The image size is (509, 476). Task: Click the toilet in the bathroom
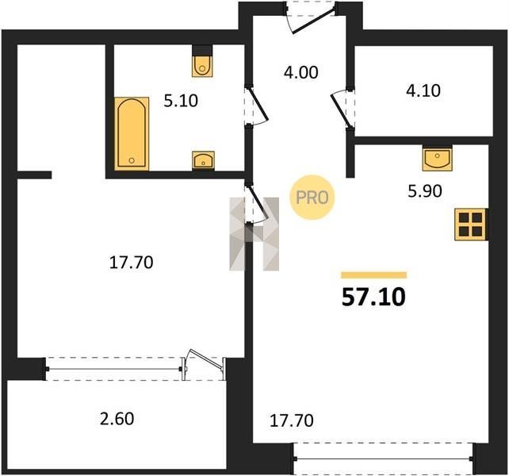(202, 66)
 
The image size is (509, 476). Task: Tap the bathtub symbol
(132, 133)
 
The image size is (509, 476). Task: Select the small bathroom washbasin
(203, 160)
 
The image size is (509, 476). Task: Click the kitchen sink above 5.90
(438, 159)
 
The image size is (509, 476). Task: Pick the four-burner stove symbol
(470, 225)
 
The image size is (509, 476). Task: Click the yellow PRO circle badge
(312, 198)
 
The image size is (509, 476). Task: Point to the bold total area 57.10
(373, 297)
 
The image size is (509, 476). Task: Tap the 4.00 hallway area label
(301, 72)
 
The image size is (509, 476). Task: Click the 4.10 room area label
(423, 90)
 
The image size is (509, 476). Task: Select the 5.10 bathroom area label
(181, 101)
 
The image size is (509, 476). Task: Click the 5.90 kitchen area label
(425, 191)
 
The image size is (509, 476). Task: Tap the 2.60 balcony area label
(117, 419)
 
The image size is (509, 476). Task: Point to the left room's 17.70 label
(131, 263)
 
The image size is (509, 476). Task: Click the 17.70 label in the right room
(292, 420)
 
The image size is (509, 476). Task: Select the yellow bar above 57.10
(373, 275)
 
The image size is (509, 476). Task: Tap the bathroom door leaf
(258, 104)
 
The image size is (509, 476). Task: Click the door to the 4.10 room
(342, 109)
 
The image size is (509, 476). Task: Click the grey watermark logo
(254, 234)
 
